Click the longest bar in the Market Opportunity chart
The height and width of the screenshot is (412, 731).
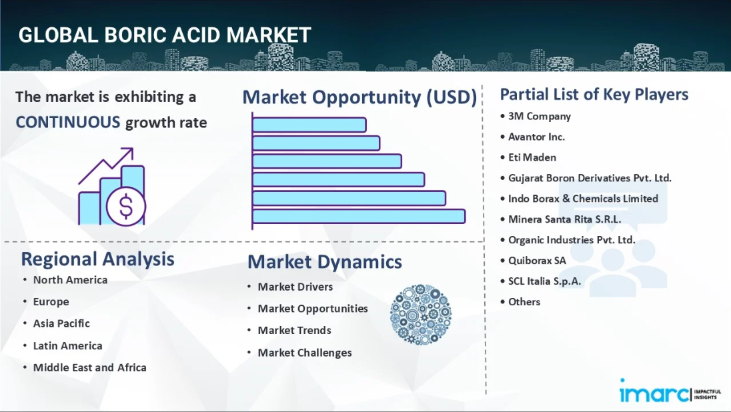click(x=359, y=216)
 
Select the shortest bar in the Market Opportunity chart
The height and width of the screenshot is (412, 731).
click(x=309, y=125)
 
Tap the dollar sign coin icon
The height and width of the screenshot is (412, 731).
click(x=126, y=206)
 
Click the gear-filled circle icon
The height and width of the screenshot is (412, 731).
click(x=420, y=315)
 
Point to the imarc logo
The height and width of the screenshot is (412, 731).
click(x=670, y=391)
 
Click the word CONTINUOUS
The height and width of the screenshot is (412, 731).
click(x=68, y=122)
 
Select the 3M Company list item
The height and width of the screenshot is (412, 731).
click(x=540, y=116)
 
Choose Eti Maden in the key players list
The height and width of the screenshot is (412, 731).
click(x=532, y=157)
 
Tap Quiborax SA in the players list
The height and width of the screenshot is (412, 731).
click(x=537, y=260)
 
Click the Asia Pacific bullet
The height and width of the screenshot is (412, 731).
click(x=61, y=323)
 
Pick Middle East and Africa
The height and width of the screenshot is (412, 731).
click(x=89, y=367)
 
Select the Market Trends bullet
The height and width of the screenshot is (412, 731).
click(x=294, y=330)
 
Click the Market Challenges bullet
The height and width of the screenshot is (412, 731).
click(x=304, y=353)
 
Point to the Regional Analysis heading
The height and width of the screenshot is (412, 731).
click(x=98, y=259)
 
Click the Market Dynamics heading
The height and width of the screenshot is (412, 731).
click(x=324, y=261)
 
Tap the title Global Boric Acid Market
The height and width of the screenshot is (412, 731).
click(x=165, y=35)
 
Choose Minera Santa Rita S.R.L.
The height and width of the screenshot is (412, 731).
click(x=564, y=219)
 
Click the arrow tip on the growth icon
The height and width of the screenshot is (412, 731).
click(x=133, y=149)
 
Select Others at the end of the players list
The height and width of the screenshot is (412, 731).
click(x=524, y=301)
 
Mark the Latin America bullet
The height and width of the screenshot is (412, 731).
click(x=67, y=345)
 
